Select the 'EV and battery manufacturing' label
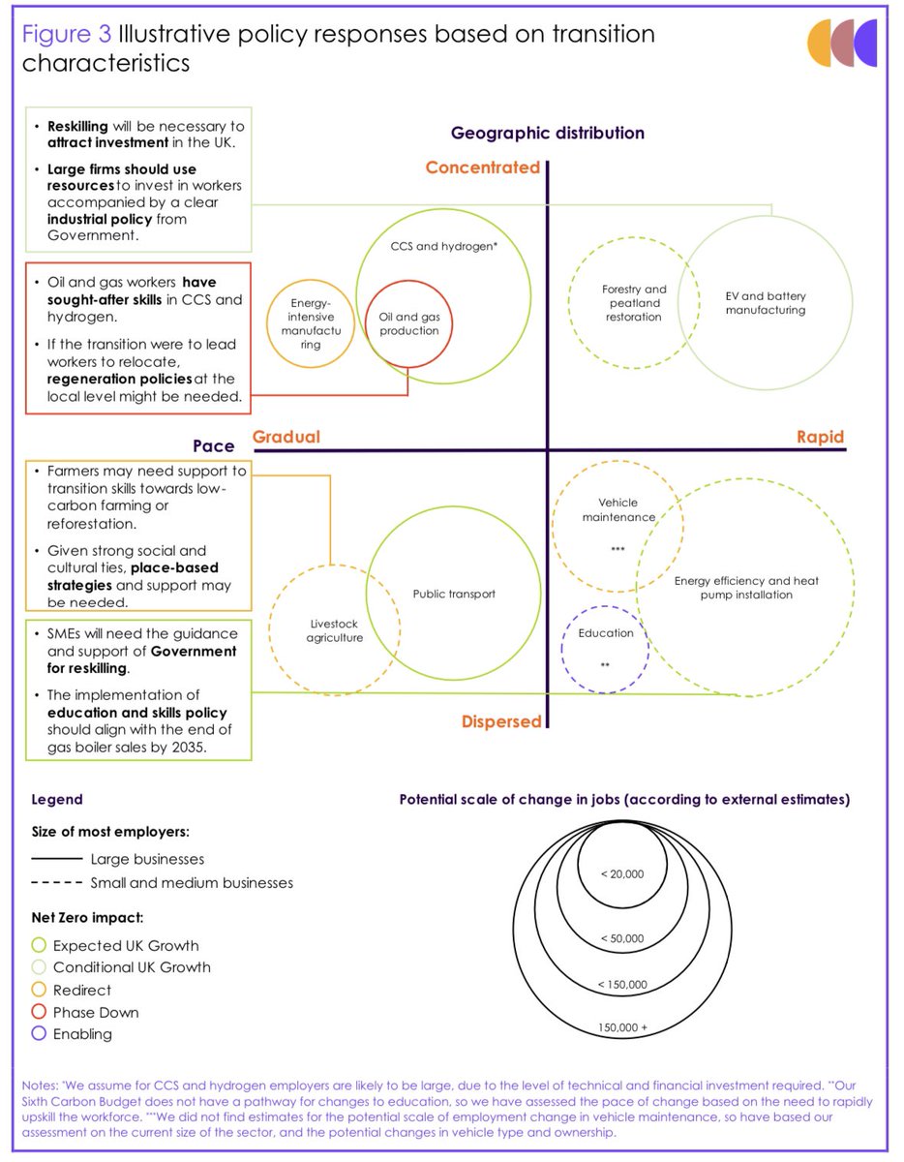[765, 303]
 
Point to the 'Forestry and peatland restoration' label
[634, 303]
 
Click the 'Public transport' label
[454, 594]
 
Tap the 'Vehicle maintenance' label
[618, 509]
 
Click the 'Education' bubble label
[606, 633]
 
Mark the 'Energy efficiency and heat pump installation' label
[746, 587]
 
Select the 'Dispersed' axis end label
[501, 721]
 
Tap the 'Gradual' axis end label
[286, 437]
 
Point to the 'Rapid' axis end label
[820, 437]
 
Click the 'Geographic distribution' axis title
[547, 133]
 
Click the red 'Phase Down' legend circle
[39, 1012]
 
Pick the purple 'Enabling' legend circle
[39, 1034]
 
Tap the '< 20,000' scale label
[621, 873]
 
